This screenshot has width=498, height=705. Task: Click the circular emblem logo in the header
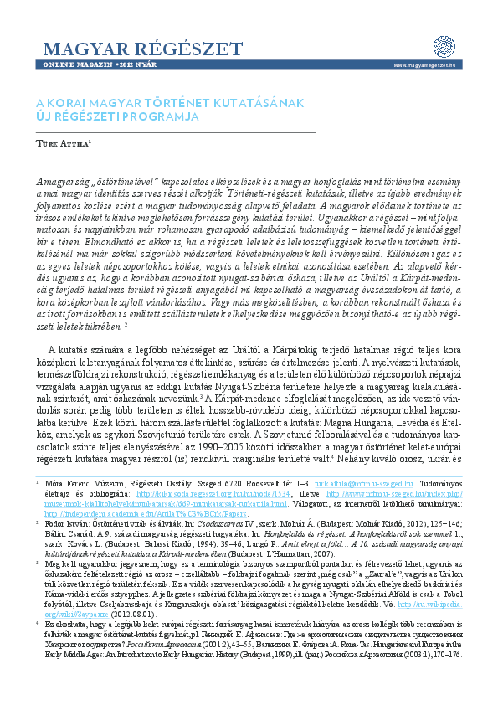(x=444, y=47)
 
